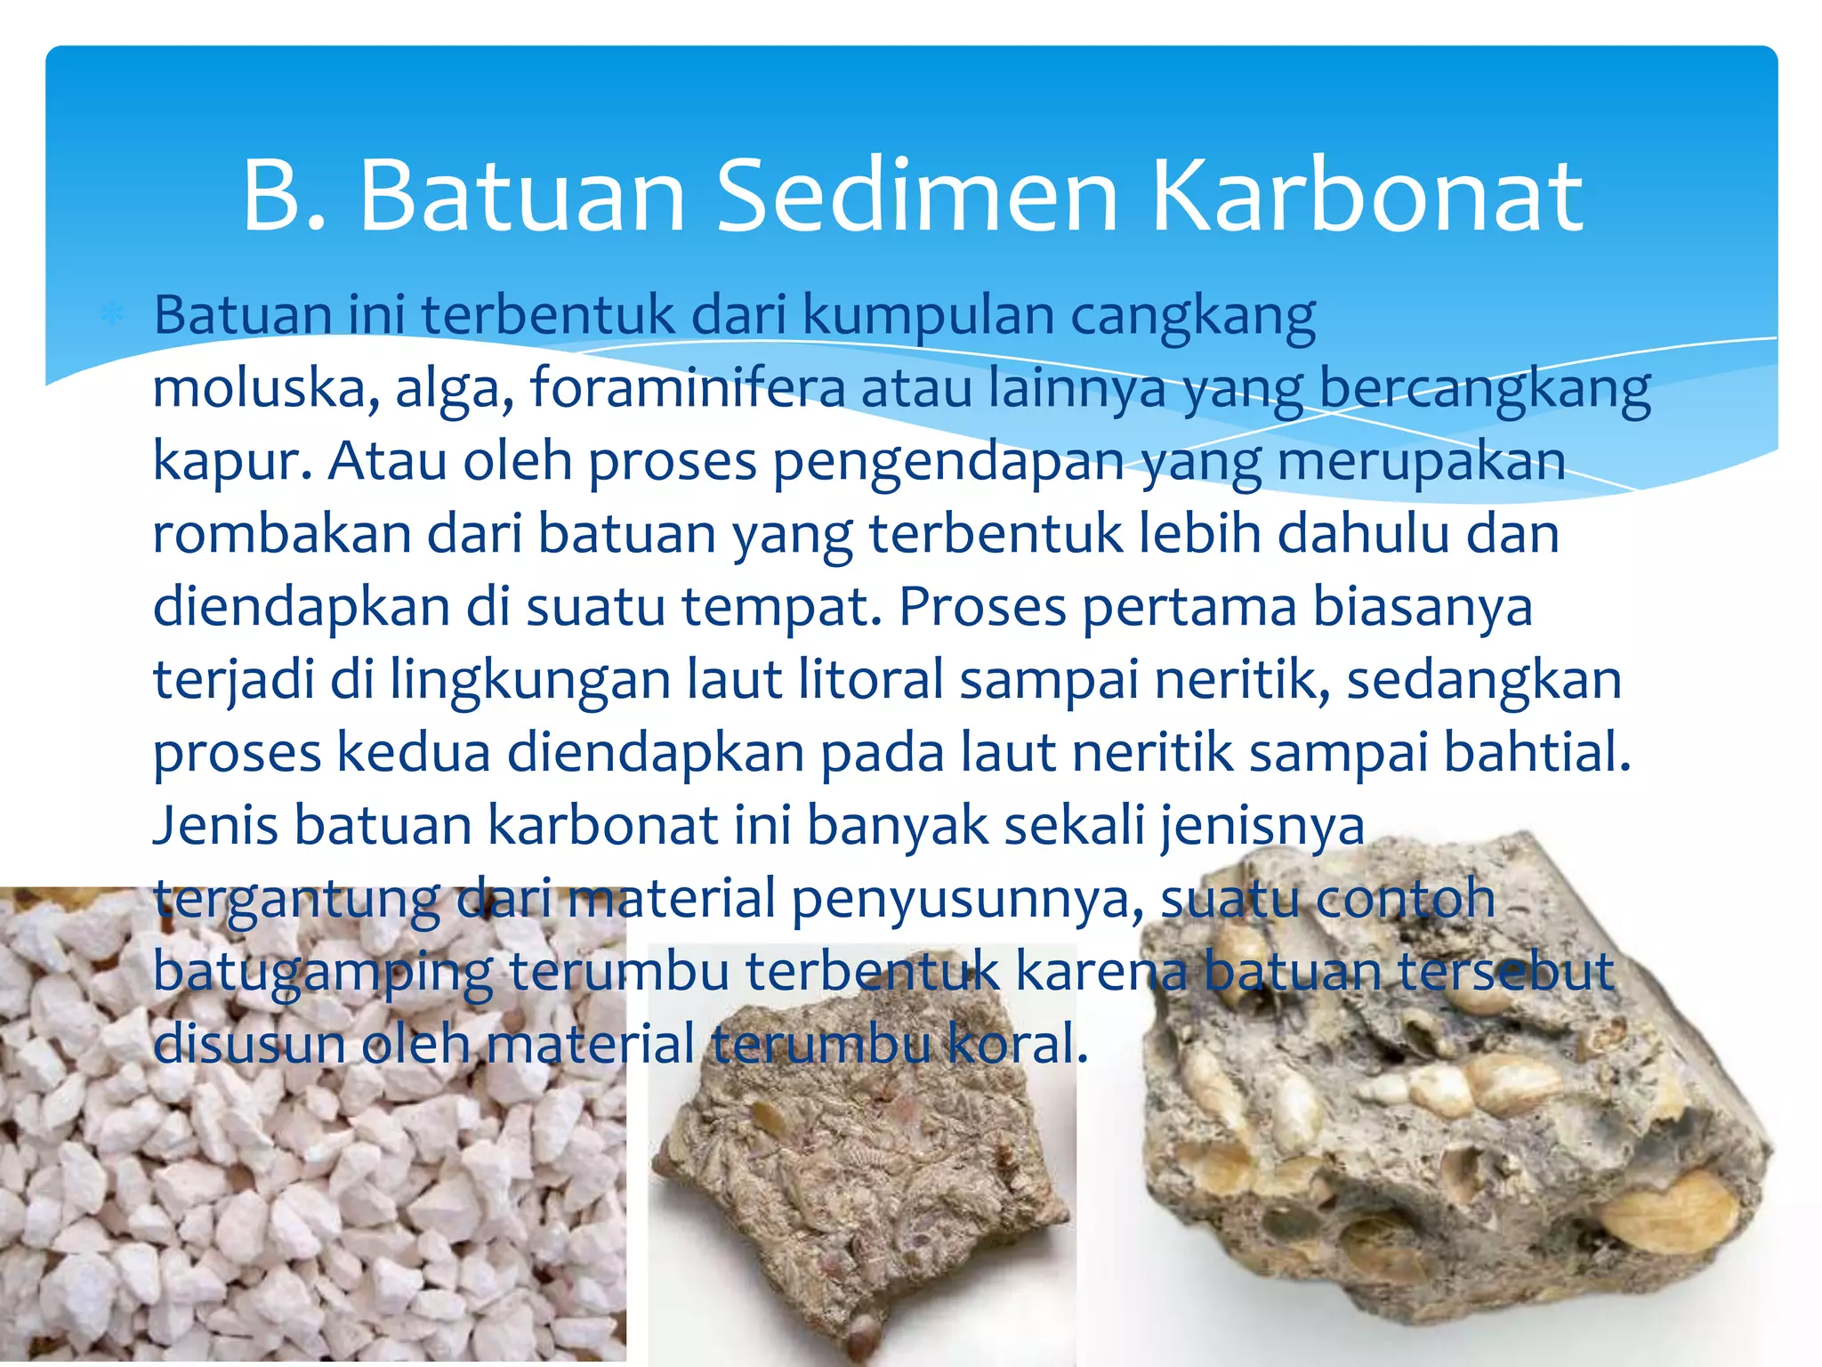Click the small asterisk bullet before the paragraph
[112, 316]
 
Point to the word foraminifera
[688, 389]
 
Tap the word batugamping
[322, 972]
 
